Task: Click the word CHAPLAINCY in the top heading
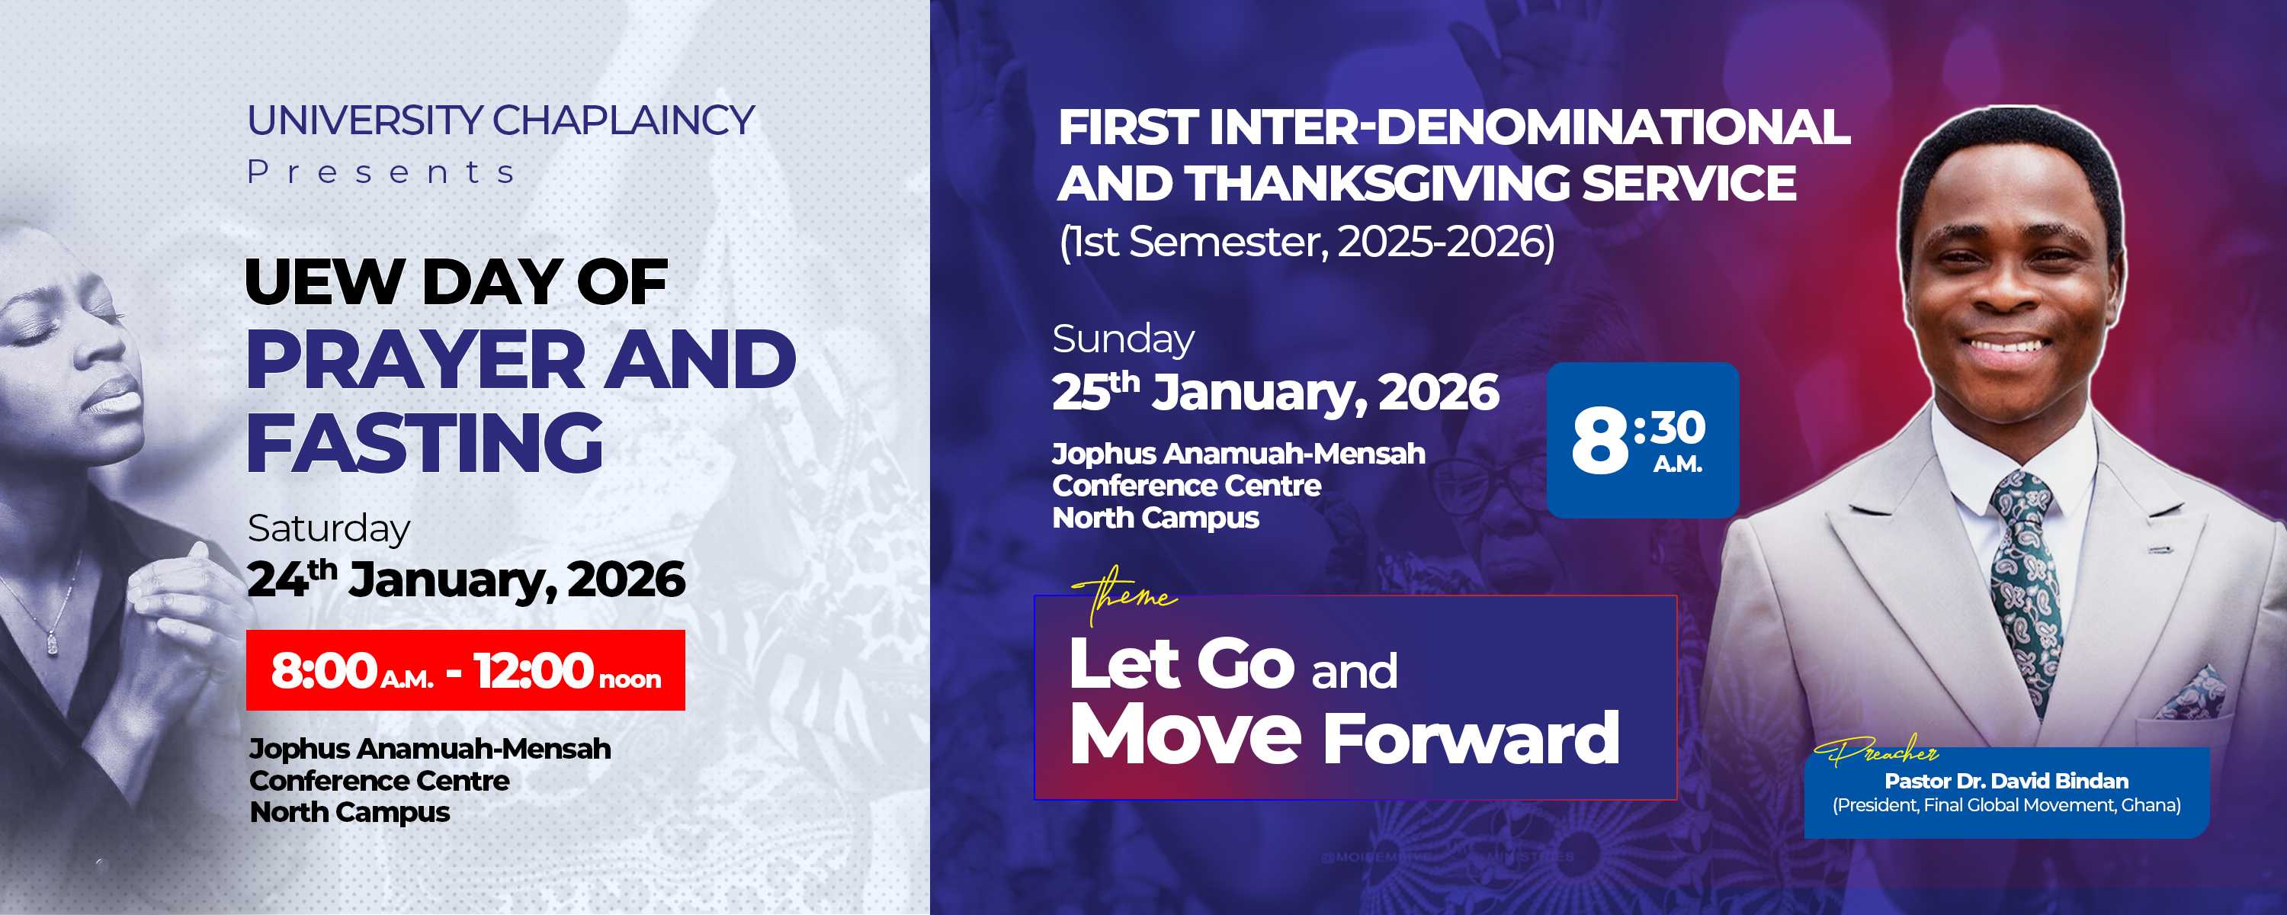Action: pyautogui.click(x=624, y=120)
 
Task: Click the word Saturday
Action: pyautogui.click(x=329, y=528)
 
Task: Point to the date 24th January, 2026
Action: pyautogui.click(x=465, y=579)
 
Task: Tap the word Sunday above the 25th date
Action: pyautogui.click(x=1123, y=339)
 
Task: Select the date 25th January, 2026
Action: pyautogui.click(x=1275, y=393)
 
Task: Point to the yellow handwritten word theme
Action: pyautogui.click(x=1125, y=593)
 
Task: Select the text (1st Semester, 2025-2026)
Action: pyautogui.click(x=1307, y=242)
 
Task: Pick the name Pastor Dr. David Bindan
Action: pyautogui.click(x=2006, y=781)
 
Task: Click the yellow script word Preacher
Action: pyautogui.click(x=1878, y=753)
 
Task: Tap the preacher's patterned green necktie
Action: pyautogui.click(x=2023, y=577)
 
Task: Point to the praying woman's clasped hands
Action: pyautogui.click(x=168, y=604)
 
